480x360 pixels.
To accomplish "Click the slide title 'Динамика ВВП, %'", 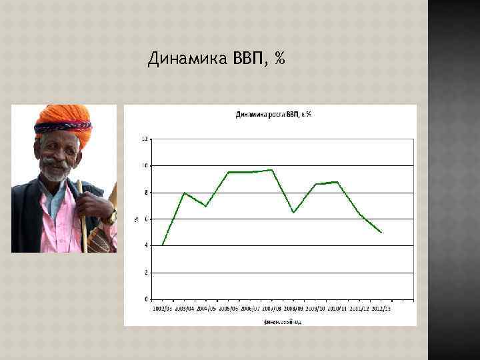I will [x=216, y=59].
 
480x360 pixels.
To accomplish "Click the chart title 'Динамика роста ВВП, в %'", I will [x=273, y=115].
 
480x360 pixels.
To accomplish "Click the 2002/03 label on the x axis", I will [x=163, y=309].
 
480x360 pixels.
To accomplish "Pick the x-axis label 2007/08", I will [x=271, y=309].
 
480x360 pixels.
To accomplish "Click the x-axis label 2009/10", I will [x=315, y=309].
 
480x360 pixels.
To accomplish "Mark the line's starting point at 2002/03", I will [x=163, y=245].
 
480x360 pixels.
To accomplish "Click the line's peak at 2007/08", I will [x=272, y=169].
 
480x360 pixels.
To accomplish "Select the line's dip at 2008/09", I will [x=293, y=213].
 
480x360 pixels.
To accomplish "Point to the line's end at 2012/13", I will [x=381, y=232].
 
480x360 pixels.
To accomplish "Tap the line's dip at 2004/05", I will [x=206, y=206].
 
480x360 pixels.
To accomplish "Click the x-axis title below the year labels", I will [x=283, y=321].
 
